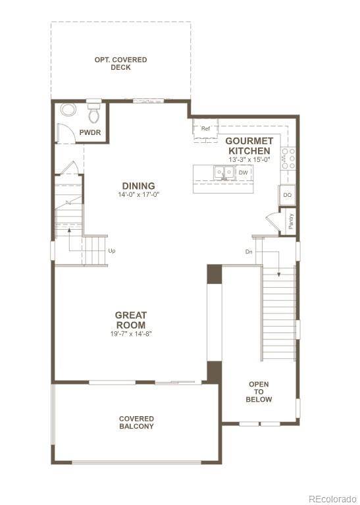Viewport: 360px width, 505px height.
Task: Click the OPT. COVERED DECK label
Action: tap(120, 64)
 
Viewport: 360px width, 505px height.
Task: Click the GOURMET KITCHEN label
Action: tap(249, 146)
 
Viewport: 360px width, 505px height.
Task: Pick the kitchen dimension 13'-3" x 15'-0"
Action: tap(249, 160)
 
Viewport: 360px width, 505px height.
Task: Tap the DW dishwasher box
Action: tap(243, 173)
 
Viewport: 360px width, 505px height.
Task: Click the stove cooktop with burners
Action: tap(288, 159)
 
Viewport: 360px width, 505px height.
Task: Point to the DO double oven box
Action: tap(287, 196)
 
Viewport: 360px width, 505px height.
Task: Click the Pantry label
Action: tap(291, 221)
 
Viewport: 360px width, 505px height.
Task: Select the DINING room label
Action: tap(138, 186)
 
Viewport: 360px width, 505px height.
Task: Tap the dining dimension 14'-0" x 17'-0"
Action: tap(138, 196)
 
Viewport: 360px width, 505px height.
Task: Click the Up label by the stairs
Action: tap(112, 251)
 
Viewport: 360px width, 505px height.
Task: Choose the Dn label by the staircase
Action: tap(248, 252)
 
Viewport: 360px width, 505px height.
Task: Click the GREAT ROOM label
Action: tap(131, 320)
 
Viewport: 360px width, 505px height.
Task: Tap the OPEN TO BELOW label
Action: tap(259, 392)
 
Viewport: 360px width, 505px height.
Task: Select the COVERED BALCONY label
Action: tap(136, 423)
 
